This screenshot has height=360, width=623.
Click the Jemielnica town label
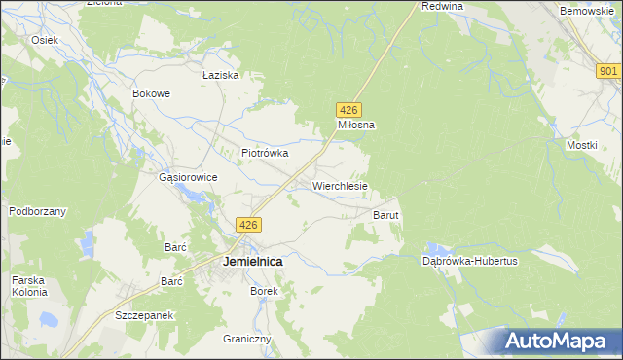252,262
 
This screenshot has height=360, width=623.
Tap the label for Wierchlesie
340,185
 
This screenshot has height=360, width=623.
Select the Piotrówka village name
265,153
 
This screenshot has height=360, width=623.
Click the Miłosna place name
356,125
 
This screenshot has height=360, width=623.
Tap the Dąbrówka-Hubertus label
469,261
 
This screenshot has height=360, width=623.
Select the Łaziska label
220,75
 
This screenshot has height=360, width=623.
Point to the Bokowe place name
152,94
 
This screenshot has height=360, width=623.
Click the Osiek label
45,40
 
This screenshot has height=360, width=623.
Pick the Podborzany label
37,211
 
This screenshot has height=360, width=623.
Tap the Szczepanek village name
143,316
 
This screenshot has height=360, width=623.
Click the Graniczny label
246,339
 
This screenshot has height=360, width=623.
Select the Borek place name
264,291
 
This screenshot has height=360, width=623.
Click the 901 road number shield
608,71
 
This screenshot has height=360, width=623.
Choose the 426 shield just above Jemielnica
249,225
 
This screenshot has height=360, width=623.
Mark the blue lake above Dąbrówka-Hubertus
441,249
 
